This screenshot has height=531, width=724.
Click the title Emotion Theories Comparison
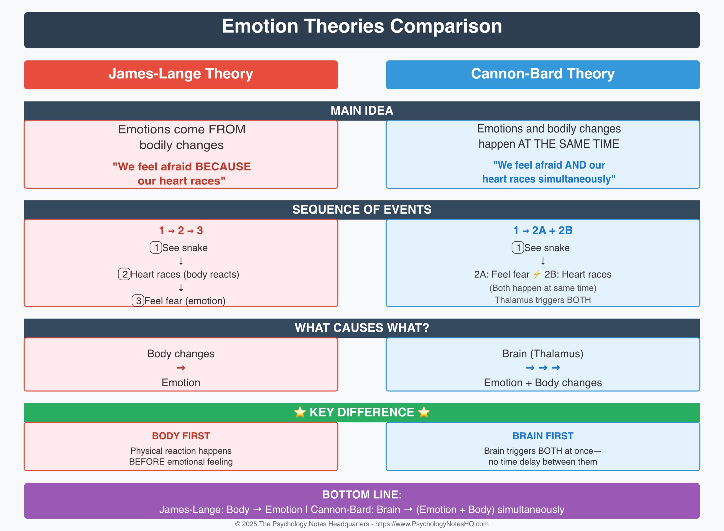click(x=361, y=26)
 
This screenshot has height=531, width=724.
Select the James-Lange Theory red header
click(x=181, y=74)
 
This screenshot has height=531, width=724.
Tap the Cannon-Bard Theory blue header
click(x=542, y=74)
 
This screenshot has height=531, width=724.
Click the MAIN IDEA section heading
click(x=361, y=111)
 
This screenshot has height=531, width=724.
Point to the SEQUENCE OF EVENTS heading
click(x=361, y=210)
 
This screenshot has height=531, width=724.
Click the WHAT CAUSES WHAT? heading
click(x=361, y=328)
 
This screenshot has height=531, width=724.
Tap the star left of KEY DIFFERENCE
click(x=299, y=412)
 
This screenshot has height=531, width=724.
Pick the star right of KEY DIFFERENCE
click(x=424, y=412)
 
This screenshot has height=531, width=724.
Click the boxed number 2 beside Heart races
click(x=124, y=274)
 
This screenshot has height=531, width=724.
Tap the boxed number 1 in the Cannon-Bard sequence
click(x=518, y=248)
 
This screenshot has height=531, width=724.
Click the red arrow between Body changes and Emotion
click(x=181, y=368)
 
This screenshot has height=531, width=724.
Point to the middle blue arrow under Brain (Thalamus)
click(x=543, y=368)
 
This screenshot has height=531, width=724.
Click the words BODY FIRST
click(x=181, y=436)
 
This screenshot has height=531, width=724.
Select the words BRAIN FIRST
click(x=542, y=436)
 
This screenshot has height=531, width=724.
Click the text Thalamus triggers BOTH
click(x=542, y=300)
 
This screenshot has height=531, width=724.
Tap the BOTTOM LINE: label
click(x=361, y=495)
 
